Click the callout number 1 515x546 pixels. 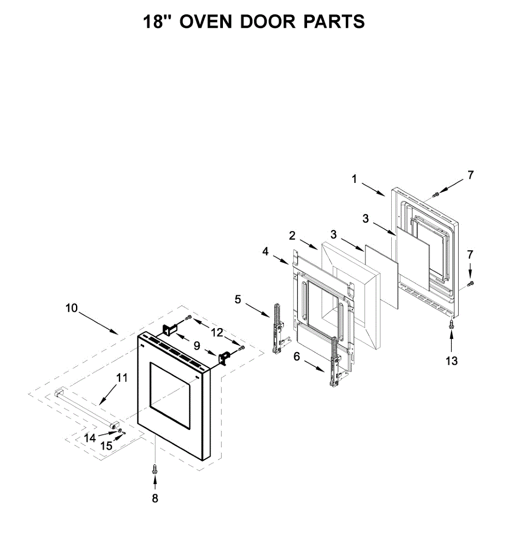click(x=354, y=179)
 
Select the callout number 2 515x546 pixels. click(x=292, y=235)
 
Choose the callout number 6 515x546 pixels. click(x=297, y=357)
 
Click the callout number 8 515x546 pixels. click(x=155, y=498)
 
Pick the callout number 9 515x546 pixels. click(x=197, y=345)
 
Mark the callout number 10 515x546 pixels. click(x=71, y=308)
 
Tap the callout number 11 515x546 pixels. click(x=122, y=377)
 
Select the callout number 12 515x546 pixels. click(x=217, y=332)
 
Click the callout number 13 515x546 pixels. click(x=451, y=361)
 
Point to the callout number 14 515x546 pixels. click(x=90, y=438)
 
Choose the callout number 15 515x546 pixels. click(x=106, y=445)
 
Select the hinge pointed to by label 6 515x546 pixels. click(x=335, y=362)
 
